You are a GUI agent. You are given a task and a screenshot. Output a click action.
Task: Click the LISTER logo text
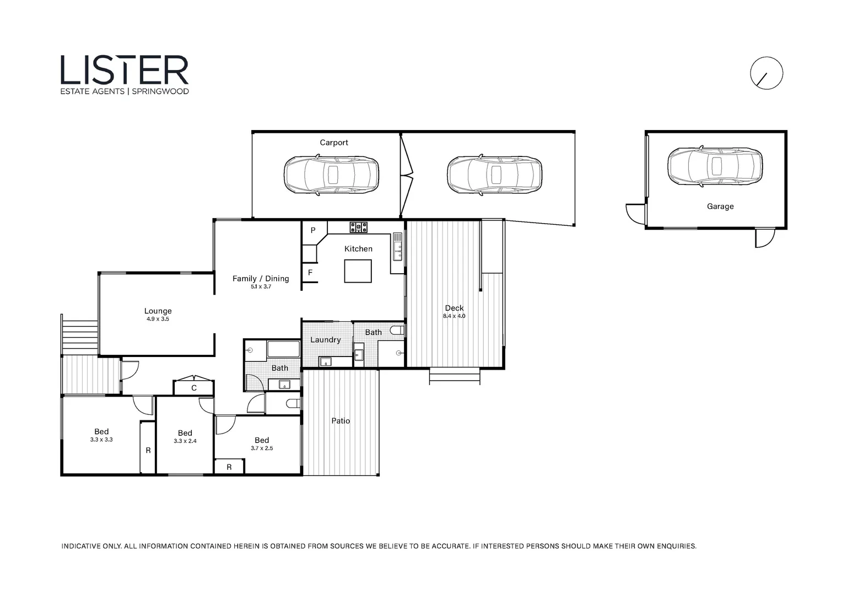pos(125,70)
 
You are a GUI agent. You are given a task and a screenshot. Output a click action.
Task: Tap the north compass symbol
pos(767,73)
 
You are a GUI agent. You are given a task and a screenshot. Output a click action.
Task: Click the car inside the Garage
pos(715,166)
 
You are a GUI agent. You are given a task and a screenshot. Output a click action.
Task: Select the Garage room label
pos(720,207)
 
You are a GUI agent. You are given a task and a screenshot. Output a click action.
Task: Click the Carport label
pos(334,143)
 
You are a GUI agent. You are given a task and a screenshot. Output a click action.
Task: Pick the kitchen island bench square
pos(358,271)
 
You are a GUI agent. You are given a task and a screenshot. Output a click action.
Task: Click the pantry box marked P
pos(313,230)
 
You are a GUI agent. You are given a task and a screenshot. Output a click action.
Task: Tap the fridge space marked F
pos(310,273)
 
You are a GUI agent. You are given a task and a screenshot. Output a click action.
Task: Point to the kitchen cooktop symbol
pos(359,226)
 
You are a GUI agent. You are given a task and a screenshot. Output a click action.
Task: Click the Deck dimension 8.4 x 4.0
pos(454,316)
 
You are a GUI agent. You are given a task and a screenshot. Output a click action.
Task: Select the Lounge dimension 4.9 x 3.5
pos(158,319)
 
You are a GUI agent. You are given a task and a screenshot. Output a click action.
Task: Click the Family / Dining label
pos(261,278)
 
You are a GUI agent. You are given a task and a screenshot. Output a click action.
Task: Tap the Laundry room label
pos(325,340)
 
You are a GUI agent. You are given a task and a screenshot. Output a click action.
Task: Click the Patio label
pos(341,421)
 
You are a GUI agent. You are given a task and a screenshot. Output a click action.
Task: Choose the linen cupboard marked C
pos(194,388)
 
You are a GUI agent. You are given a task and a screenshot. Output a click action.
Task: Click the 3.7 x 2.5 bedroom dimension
pos(262,448)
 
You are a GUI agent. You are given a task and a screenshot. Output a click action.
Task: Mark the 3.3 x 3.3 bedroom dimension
pos(101,440)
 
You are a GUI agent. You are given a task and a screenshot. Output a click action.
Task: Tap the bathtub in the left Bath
pos(283,349)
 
